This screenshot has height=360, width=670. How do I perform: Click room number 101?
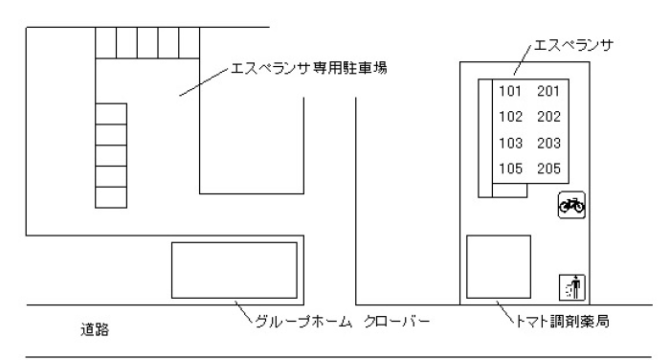510,91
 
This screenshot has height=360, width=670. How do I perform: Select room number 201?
548,91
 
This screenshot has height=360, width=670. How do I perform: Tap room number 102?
510,117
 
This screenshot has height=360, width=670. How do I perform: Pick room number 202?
548,117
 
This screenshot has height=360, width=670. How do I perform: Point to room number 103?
510,143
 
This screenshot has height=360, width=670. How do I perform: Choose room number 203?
548,143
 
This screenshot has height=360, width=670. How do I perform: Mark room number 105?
510,169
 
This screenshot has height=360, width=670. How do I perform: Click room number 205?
548,169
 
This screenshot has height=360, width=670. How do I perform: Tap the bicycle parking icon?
571,205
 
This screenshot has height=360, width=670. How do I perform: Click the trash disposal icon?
572,287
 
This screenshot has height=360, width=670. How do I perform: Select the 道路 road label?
95,329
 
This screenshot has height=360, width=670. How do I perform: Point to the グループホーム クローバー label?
342,322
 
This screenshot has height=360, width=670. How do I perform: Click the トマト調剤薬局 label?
563,321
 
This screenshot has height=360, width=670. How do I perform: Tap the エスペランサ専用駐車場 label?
309,68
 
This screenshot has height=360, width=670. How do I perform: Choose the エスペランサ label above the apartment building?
574,44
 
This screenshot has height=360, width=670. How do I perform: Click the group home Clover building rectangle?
234,270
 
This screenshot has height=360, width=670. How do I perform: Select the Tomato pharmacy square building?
499,266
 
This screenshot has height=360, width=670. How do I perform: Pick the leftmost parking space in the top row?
106,43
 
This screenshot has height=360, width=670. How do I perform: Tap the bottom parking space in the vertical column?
111,197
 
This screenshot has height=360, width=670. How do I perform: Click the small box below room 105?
509,191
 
